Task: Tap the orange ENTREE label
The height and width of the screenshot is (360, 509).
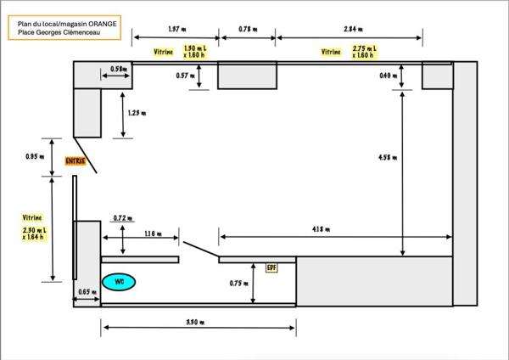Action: click(76, 160)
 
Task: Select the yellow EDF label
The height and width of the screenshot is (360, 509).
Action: click(272, 267)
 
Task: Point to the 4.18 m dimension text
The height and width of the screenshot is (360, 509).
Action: click(321, 229)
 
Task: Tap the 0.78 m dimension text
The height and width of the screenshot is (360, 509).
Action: click(247, 29)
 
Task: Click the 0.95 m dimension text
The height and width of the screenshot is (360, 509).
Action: click(34, 156)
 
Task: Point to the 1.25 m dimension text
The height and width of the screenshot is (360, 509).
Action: click(137, 112)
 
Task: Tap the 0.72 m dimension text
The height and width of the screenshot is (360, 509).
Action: click(123, 218)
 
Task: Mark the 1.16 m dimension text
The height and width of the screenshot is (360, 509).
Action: click(154, 233)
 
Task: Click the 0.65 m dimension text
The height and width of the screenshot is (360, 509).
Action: click(85, 292)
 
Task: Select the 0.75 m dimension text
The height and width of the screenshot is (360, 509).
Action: click(239, 283)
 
